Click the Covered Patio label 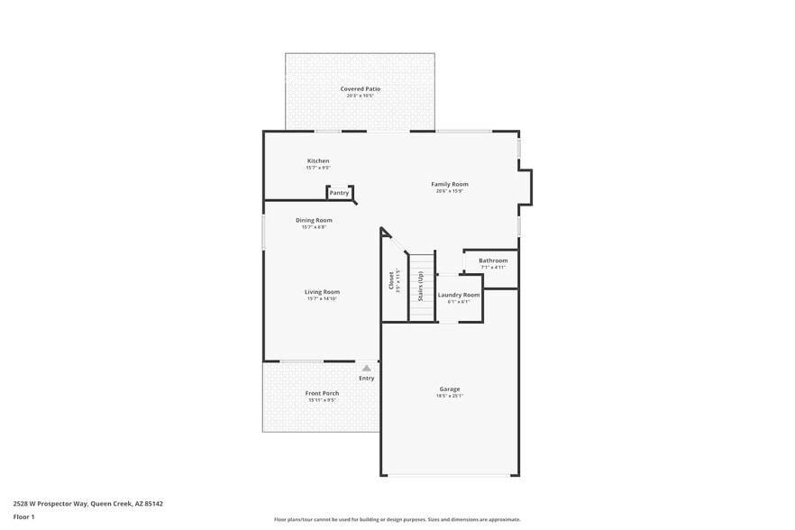click(360, 89)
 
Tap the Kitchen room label click(318, 160)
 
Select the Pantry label click(339, 193)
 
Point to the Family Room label click(449, 184)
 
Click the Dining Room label click(314, 220)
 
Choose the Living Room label click(321, 291)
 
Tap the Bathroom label click(493, 260)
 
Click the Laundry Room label click(459, 295)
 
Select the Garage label click(450, 388)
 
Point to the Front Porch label click(322, 393)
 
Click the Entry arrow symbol click(366, 368)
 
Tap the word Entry click(366, 378)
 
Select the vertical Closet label click(391, 280)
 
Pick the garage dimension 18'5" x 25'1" click(450, 396)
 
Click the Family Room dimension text click(449, 191)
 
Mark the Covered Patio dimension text click(360, 96)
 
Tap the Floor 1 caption click(23, 516)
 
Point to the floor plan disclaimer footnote click(397, 519)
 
